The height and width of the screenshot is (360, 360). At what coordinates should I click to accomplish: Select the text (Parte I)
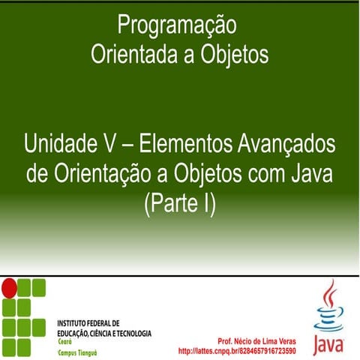[178, 203]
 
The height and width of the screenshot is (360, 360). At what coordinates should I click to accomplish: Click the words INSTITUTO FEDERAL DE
[88, 322]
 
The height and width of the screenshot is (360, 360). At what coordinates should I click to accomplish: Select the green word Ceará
[66, 340]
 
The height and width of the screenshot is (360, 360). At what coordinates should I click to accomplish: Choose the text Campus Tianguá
[78, 350]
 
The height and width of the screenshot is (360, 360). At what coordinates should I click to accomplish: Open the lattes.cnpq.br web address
[236, 350]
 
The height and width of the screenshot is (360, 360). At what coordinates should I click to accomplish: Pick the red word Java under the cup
[328, 344]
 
